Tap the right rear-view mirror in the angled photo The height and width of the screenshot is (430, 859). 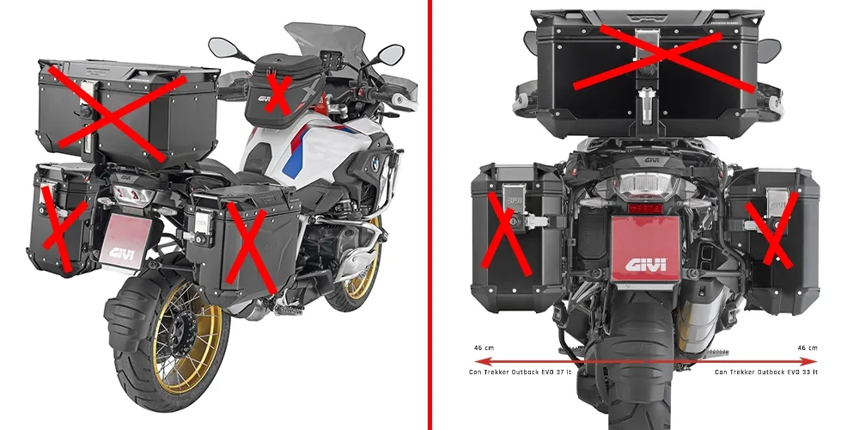391,54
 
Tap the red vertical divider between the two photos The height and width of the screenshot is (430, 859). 429,215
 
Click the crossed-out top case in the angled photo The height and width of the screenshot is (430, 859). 116,107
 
